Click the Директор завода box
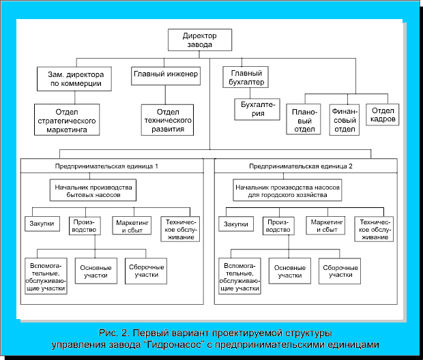click(200, 40)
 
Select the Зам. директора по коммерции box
click(74, 78)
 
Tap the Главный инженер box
click(166, 76)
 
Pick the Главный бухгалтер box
click(246, 77)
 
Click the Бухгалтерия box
click(257, 109)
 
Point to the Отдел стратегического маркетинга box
click(67, 120)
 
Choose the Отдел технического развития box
click(167, 120)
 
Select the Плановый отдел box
click(304, 119)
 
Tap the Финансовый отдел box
click(345, 120)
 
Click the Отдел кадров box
click(382, 115)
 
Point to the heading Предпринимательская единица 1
click(106, 166)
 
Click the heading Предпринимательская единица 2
click(300, 166)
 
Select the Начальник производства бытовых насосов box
click(93, 190)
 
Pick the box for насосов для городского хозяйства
click(287, 190)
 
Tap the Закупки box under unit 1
click(42, 224)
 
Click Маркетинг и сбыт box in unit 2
click(325, 226)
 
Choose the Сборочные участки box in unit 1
click(146, 271)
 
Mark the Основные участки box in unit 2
click(290, 271)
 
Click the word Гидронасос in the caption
click(175, 344)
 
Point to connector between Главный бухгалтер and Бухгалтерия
click(250, 93)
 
